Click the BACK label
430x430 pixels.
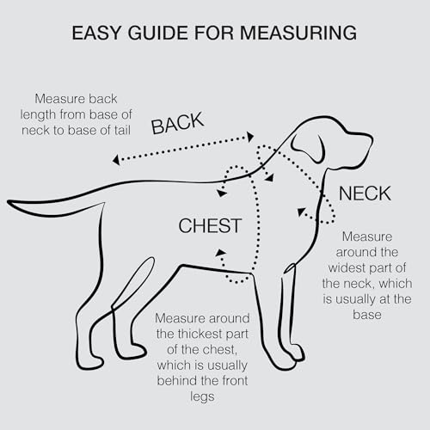coord(177,123)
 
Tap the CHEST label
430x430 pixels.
coord(210,225)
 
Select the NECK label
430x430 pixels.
coord(365,193)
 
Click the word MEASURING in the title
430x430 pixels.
coord(298,33)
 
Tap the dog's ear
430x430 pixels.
coord(308,148)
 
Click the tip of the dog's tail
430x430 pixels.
coord(9,202)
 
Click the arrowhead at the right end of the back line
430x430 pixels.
coord(250,137)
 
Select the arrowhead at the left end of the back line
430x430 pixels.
coord(116,160)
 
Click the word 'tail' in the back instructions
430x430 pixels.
coord(122,130)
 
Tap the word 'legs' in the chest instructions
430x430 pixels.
coord(202,397)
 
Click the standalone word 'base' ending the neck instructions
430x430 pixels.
coord(367,315)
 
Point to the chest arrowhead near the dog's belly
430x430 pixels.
coord(220,253)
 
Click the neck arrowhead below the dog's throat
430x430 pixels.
coord(301,212)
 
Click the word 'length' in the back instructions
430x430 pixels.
coord(38,114)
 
